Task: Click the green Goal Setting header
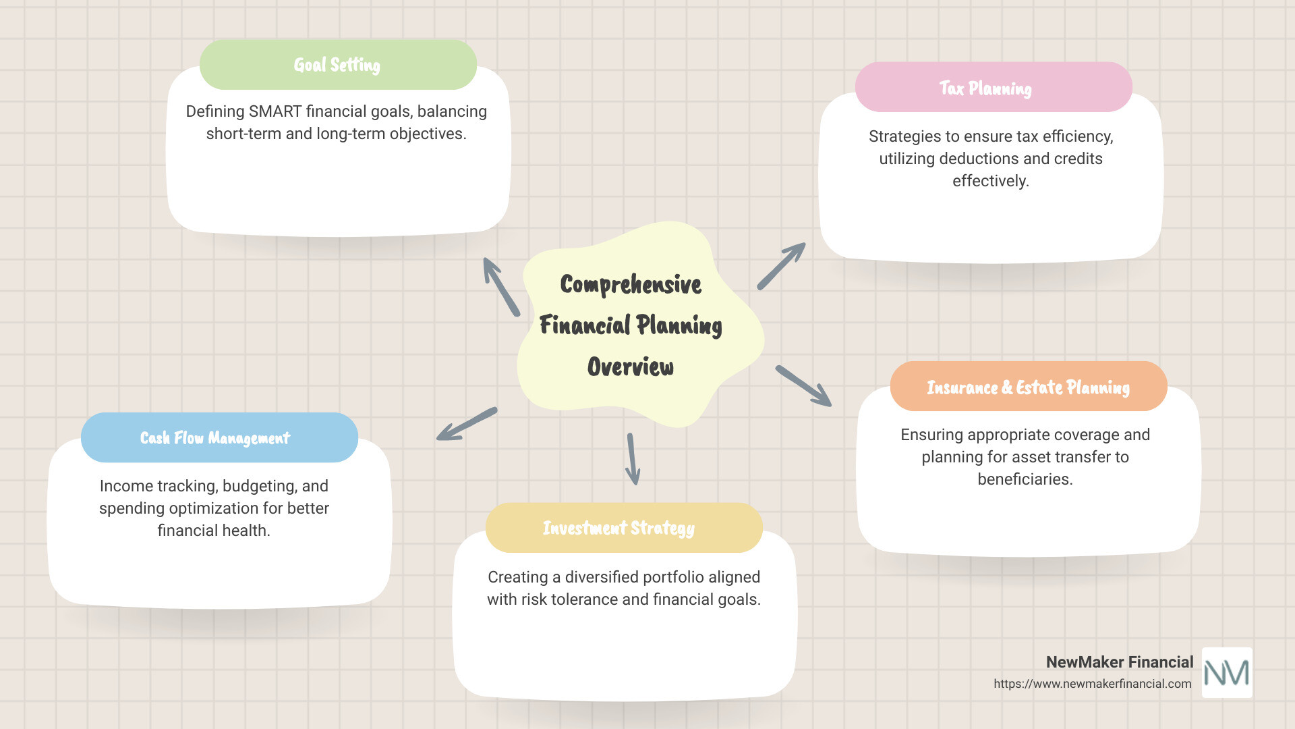338,65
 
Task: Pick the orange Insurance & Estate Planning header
1028,387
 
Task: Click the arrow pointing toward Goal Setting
500,286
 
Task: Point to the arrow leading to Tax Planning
781,266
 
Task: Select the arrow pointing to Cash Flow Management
466,425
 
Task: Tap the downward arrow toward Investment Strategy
632,458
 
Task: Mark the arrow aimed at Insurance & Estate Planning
803,385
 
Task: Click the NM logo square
1227,672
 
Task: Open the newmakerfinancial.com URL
1092,684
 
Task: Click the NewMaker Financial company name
1119,662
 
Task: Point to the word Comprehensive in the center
631,284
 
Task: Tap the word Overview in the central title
631,367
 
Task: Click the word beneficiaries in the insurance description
1025,479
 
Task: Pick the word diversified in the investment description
601,577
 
